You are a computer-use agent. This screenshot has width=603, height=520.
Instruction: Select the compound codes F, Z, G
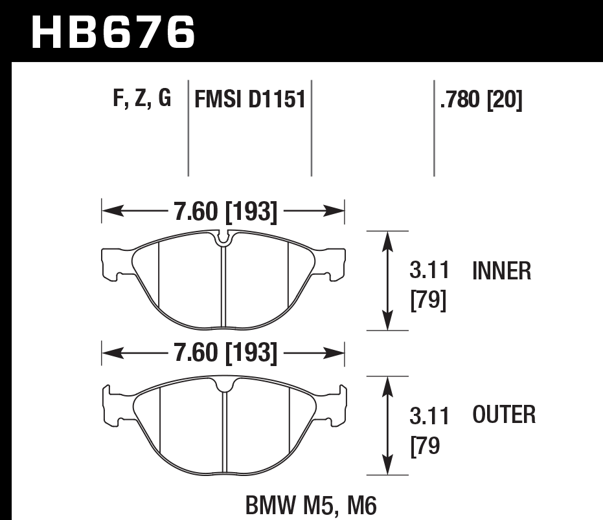coord(141,98)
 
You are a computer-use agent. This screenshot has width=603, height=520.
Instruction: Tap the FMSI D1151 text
coord(249,100)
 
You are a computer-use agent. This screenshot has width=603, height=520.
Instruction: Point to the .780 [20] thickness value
coord(481,100)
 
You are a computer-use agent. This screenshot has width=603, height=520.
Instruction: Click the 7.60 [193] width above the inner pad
coord(225,211)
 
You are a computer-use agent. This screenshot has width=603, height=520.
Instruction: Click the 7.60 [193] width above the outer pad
coord(225,354)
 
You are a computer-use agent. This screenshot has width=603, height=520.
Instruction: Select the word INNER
coord(502,271)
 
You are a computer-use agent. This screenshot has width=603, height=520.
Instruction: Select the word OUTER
coord(504,415)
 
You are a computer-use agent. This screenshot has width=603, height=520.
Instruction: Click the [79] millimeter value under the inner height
coord(429,301)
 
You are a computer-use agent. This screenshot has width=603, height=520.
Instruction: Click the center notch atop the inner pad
coord(223,239)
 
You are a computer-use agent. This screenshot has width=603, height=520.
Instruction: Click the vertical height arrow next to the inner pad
coord(387,280)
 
